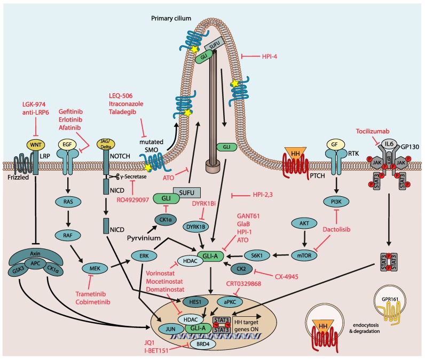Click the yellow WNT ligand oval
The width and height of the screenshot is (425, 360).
36,145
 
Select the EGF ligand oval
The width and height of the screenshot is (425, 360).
67,145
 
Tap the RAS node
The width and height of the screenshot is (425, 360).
68,202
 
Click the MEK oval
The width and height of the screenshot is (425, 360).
95,268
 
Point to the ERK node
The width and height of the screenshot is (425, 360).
144,255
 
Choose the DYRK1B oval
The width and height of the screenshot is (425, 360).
196,227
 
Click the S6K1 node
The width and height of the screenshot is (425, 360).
257,255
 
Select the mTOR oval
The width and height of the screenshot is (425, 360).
304,255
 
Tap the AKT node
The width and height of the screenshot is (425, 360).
304,223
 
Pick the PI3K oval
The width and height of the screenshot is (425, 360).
336,202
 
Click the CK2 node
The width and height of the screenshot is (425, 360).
241,269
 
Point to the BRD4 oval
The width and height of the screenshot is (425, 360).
203,345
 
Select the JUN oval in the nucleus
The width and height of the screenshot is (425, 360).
170,329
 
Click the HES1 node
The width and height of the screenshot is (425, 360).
195,302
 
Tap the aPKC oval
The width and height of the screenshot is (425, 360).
230,302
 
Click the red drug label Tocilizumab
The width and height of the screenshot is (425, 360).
373,131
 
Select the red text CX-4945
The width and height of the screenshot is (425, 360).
287,277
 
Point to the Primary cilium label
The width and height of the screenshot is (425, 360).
171,19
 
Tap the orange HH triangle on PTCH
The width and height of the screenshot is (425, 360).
295,154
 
